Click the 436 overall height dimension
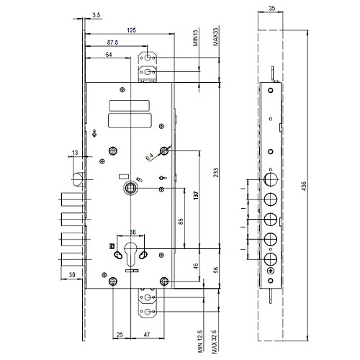tap(304, 186)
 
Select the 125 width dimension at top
tap(131, 30)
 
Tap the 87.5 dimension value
tap(112, 42)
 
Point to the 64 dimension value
tap(109, 55)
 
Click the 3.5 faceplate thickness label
tap(96, 15)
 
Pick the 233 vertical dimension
tap(216, 173)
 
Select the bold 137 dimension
tap(196, 195)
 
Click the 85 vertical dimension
tap(181, 221)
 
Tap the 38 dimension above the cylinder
tap(132, 232)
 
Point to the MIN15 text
tap(196, 37)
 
